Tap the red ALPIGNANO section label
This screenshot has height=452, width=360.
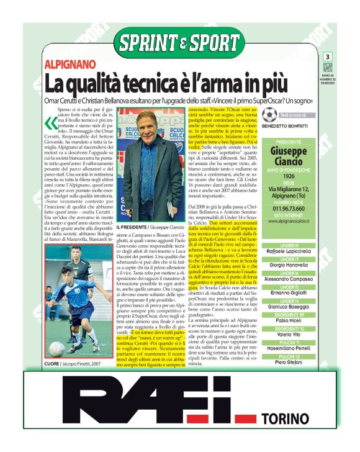point(70,65)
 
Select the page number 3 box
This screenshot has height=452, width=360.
point(327,57)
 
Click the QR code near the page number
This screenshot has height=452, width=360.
point(327,68)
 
